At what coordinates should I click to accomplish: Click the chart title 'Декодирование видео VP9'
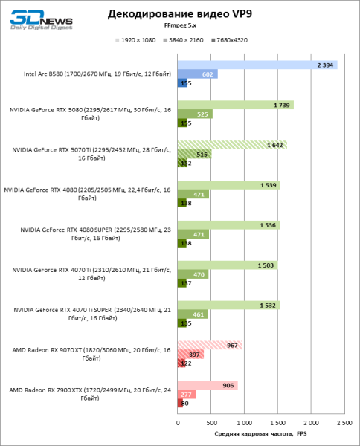pyautogui.click(x=180, y=13)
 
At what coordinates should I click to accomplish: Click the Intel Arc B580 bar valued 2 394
pyautogui.click(x=257, y=65)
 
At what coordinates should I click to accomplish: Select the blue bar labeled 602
pyautogui.click(x=197, y=74)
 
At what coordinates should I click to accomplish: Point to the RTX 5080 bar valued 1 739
pyautogui.click(x=235, y=105)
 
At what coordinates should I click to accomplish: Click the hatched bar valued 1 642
pyautogui.click(x=231, y=145)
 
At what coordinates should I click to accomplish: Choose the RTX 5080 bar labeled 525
pyautogui.click(x=195, y=114)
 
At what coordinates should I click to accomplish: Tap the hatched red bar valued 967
pyautogui.click(x=209, y=345)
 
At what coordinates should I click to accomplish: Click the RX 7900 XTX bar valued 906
pyautogui.click(x=207, y=385)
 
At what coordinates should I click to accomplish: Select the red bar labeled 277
pyautogui.click(x=186, y=394)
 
